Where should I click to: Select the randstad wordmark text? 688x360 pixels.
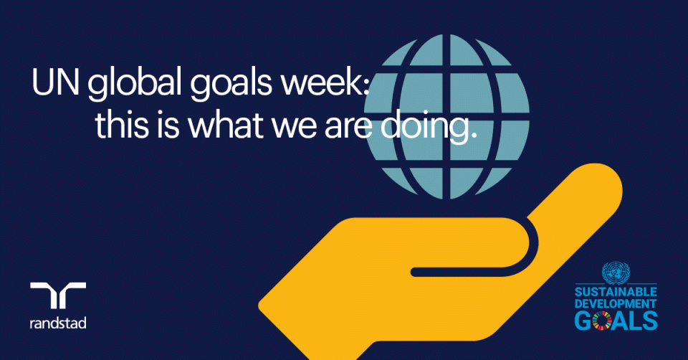pyautogui.click(x=58, y=323)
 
